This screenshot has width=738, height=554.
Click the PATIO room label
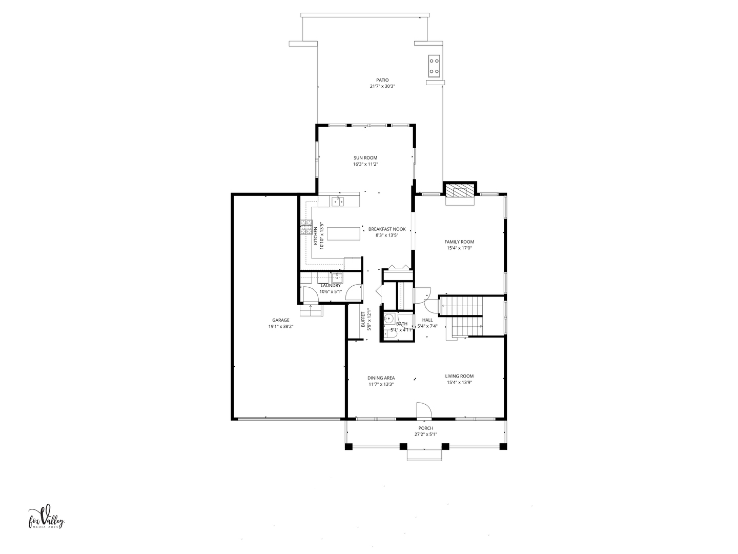click(382, 80)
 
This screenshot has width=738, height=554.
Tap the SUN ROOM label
click(365, 158)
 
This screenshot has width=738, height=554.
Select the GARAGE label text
click(281, 320)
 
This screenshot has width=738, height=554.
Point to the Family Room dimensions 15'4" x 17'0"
click(459, 248)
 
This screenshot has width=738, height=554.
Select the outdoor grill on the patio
click(434, 66)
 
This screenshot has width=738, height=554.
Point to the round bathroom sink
click(389, 318)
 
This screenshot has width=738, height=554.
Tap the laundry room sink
click(337, 278)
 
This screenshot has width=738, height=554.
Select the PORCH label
click(426, 428)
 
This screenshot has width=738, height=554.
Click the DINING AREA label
click(381, 378)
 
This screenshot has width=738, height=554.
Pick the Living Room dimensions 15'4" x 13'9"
click(459, 383)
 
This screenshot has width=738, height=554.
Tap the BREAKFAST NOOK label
click(387, 229)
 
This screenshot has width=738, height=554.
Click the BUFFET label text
click(363, 320)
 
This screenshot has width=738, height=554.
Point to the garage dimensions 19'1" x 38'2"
click(281, 326)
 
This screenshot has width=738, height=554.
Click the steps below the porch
click(424, 455)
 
